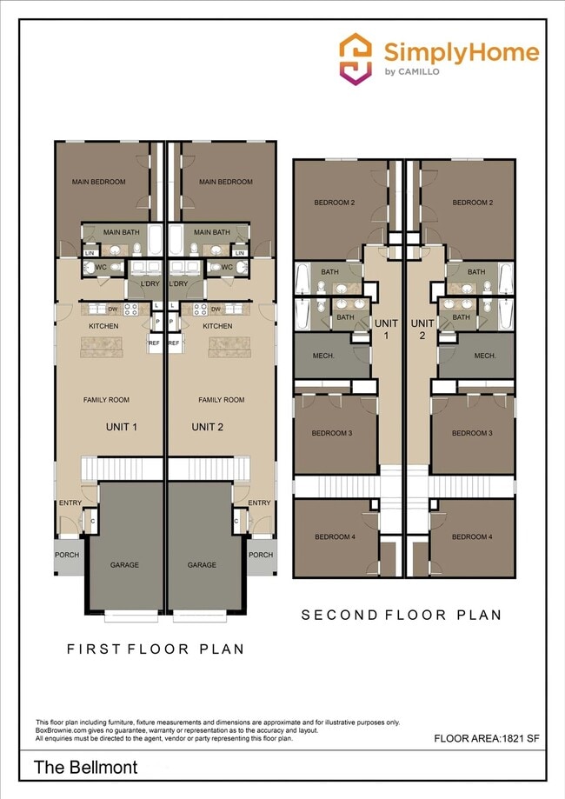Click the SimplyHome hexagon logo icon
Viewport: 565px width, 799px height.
point(356,58)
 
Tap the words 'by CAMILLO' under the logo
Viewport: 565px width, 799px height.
point(411,72)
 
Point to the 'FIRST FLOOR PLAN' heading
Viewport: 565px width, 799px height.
point(156,649)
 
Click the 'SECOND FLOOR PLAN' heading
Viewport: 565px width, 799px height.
point(402,615)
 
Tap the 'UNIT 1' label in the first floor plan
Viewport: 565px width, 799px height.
point(123,427)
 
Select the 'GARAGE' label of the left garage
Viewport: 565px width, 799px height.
point(124,565)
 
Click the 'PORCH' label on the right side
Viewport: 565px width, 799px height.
point(261,555)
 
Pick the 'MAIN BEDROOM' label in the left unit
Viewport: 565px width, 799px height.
point(99,182)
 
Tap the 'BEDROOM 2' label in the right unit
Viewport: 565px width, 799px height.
point(473,203)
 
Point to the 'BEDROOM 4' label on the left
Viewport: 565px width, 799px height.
point(335,537)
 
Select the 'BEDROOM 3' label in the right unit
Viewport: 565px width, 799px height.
point(472,433)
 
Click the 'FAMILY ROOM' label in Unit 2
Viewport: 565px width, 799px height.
point(221,400)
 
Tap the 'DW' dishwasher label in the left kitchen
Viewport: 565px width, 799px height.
point(113,309)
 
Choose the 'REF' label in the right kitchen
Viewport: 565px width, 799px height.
point(173,343)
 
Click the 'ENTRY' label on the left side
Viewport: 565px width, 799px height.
point(70,503)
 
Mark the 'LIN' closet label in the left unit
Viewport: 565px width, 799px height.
point(90,253)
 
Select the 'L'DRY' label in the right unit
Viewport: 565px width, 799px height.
point(179,284)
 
